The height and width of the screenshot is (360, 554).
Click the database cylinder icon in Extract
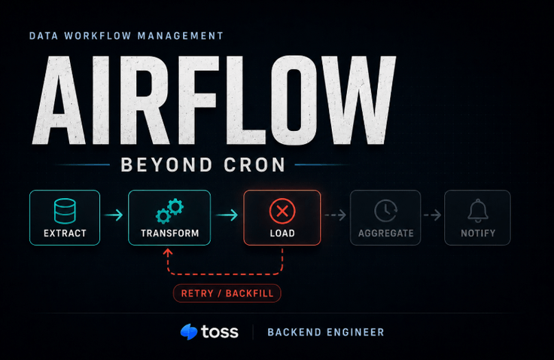pyautogui.click(x=65, y=211)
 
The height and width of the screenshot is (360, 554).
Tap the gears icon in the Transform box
pyautogui.click(x=169, y=211)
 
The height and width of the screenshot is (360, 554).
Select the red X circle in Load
pyautogui.click(x=282, y=211)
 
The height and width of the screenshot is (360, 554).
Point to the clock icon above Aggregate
pyautogui.click(x=385, y=211)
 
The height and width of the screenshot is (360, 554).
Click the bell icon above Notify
pyautogui.click(x=478, y=211)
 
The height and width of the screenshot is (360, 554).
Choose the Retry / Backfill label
pyautogui.click(x=227, y=293)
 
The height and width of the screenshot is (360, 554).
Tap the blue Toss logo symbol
pyautogui.click(x=189, y=331)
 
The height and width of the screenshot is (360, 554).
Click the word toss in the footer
pyautogui.click(x=220, y=331)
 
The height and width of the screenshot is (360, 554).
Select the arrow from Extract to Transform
pyautogui.click(x=114, y=215)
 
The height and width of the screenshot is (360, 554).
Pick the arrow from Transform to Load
pyautogui.click(x=227, y=215)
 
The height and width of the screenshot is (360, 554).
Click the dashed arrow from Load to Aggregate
pyautogui.click(x=335, y=215)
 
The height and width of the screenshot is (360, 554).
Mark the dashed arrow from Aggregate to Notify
pyautogui.click(x=433, y=215)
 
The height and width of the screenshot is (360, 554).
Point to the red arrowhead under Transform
pyautogui.click(x=168, y=252)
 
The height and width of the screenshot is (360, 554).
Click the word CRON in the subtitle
pyautogui.click(x=254, y=165)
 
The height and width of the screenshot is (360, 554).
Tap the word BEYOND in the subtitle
pyautogui.click(x=167, y=165)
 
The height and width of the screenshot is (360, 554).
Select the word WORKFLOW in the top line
pyautogui.click(x=98, y=35)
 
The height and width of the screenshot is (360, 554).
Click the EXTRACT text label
pyautogui.click(x=65, y=233)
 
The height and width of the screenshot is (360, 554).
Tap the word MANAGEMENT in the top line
pyautogui.click(x=180, y=35)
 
